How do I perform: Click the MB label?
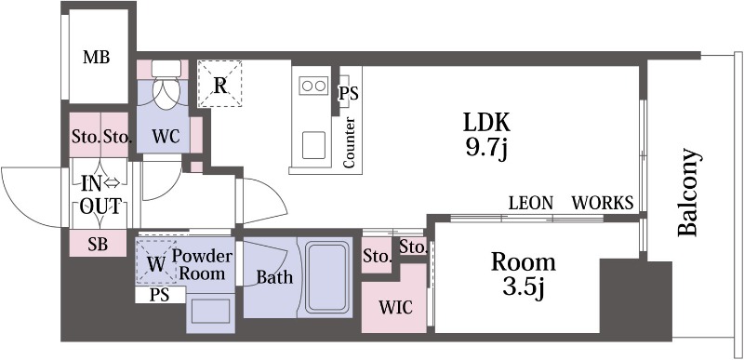97,58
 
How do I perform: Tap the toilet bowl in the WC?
166,87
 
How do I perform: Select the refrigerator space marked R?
219,84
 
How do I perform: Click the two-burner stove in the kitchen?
313,86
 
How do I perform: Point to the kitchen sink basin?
313,145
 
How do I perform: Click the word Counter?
349,142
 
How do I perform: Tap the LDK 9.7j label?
486,135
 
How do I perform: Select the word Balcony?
687,193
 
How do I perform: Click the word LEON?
530,203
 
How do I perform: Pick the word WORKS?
602,203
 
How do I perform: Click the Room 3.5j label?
523,275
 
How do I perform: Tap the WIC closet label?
395,307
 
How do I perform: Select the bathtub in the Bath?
327,277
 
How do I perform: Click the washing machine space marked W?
156,262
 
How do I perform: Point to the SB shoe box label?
98,244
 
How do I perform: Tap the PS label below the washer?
159,295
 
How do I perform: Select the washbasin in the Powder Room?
211,311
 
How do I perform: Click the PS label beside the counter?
348,93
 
